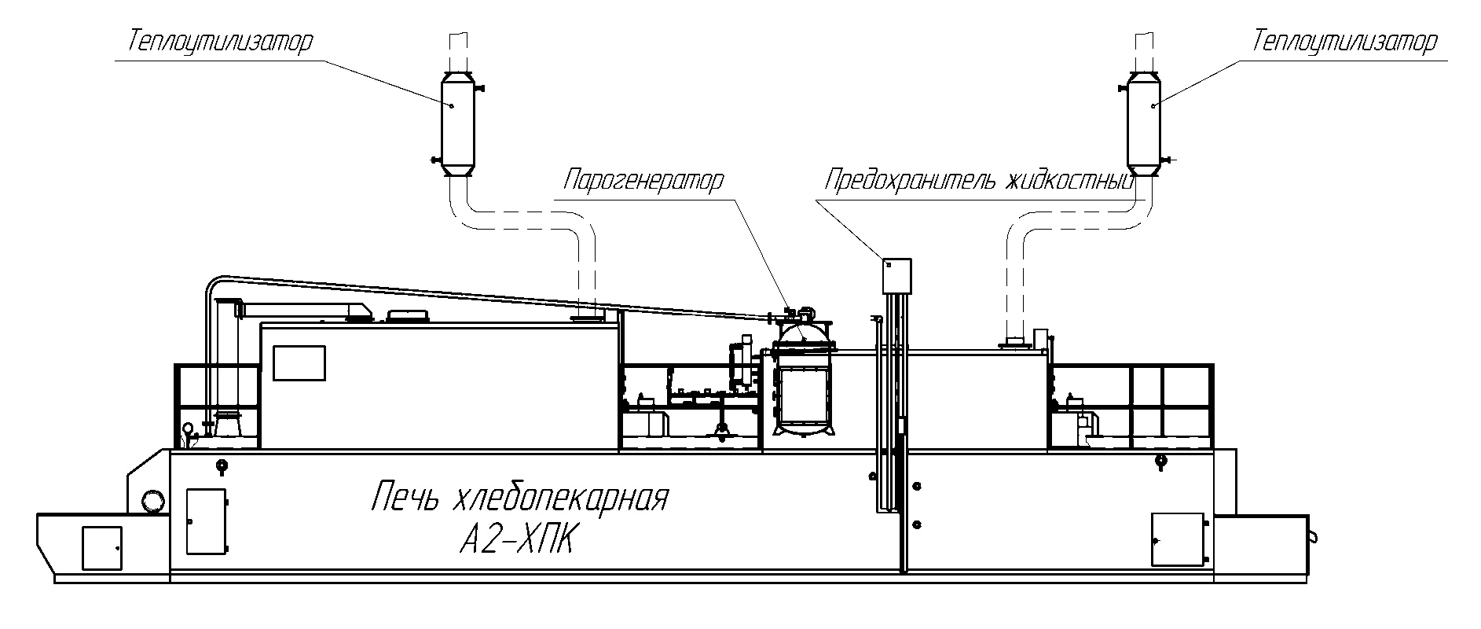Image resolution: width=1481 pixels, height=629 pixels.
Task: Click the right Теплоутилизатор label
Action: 1344,42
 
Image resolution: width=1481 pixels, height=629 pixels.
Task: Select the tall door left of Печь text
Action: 206,520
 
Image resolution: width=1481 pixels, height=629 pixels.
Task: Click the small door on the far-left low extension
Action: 101,547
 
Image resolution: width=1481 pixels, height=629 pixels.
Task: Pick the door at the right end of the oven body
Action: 1177,539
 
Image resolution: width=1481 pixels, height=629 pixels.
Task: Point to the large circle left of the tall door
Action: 153,499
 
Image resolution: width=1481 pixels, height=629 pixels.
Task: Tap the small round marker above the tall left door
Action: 222,465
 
